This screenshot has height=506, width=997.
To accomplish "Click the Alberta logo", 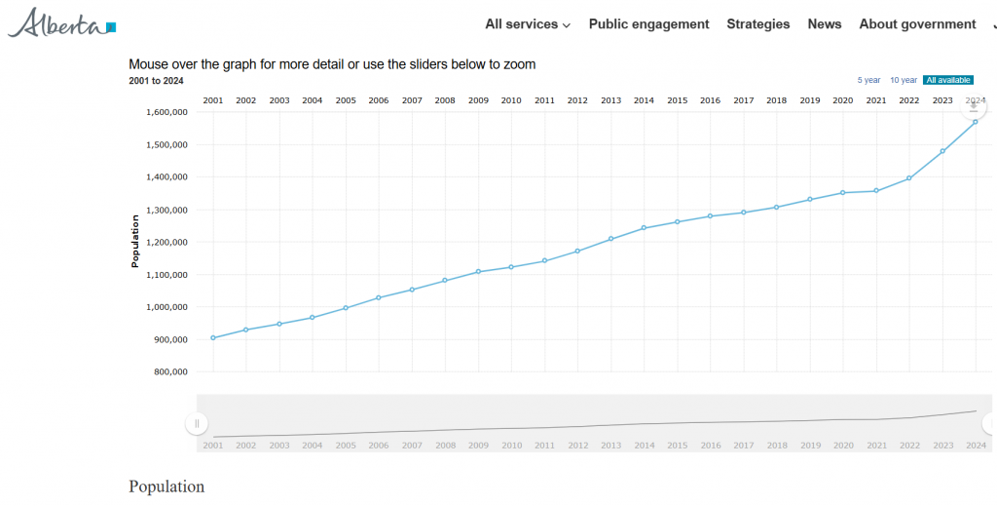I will point(62,22).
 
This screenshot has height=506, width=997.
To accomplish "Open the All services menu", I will point(528,24).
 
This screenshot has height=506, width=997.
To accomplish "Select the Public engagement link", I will point(648,24).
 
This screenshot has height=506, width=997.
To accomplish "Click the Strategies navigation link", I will point(758,24).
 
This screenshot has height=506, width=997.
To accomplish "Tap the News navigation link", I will point(825,24).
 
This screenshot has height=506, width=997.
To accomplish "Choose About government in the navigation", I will point(917,24).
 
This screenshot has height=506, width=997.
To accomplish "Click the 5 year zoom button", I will point(868,80).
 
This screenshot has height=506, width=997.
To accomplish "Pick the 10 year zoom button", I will point(904,80).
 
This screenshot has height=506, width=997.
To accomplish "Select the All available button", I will point(948,80).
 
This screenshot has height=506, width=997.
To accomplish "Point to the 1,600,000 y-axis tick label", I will point(166,112).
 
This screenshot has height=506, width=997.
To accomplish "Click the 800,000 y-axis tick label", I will point(170,371).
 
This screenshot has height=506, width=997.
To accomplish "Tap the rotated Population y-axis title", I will point(135,242).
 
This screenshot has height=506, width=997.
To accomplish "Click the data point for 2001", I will point(213,337).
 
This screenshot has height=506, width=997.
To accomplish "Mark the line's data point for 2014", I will point(644,228).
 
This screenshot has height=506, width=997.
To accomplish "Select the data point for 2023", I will point(942,151).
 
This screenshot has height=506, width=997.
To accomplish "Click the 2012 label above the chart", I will point(577,100).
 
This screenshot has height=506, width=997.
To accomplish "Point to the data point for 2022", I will point(909,178).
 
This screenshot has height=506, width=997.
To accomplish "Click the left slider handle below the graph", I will point(197,423).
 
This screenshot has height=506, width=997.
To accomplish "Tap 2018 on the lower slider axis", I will point(777,446).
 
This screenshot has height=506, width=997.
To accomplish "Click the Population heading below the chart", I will point(166,487).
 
